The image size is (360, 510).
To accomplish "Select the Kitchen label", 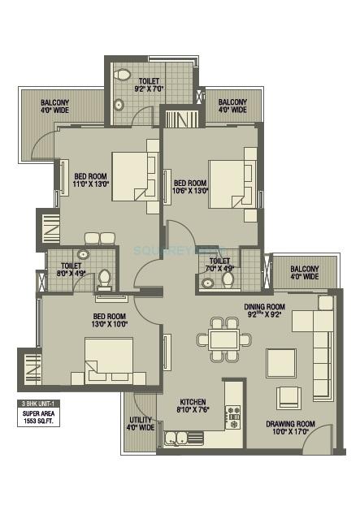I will pyautogui.click(x=193, y=401).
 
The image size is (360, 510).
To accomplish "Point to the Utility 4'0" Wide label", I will pyautogui.click(x=141, y=422).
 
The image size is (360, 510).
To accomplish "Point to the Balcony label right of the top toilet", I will pyautogui.click(x=232, y=105).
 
